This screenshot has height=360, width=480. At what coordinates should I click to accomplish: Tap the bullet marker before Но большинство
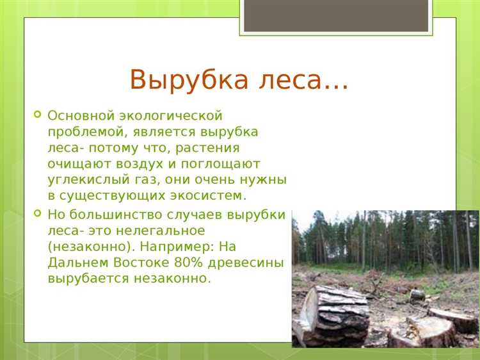coord(36,214)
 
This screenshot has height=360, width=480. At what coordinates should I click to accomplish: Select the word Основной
coord(79,116)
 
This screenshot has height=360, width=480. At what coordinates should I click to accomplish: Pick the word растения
coord(230,148)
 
